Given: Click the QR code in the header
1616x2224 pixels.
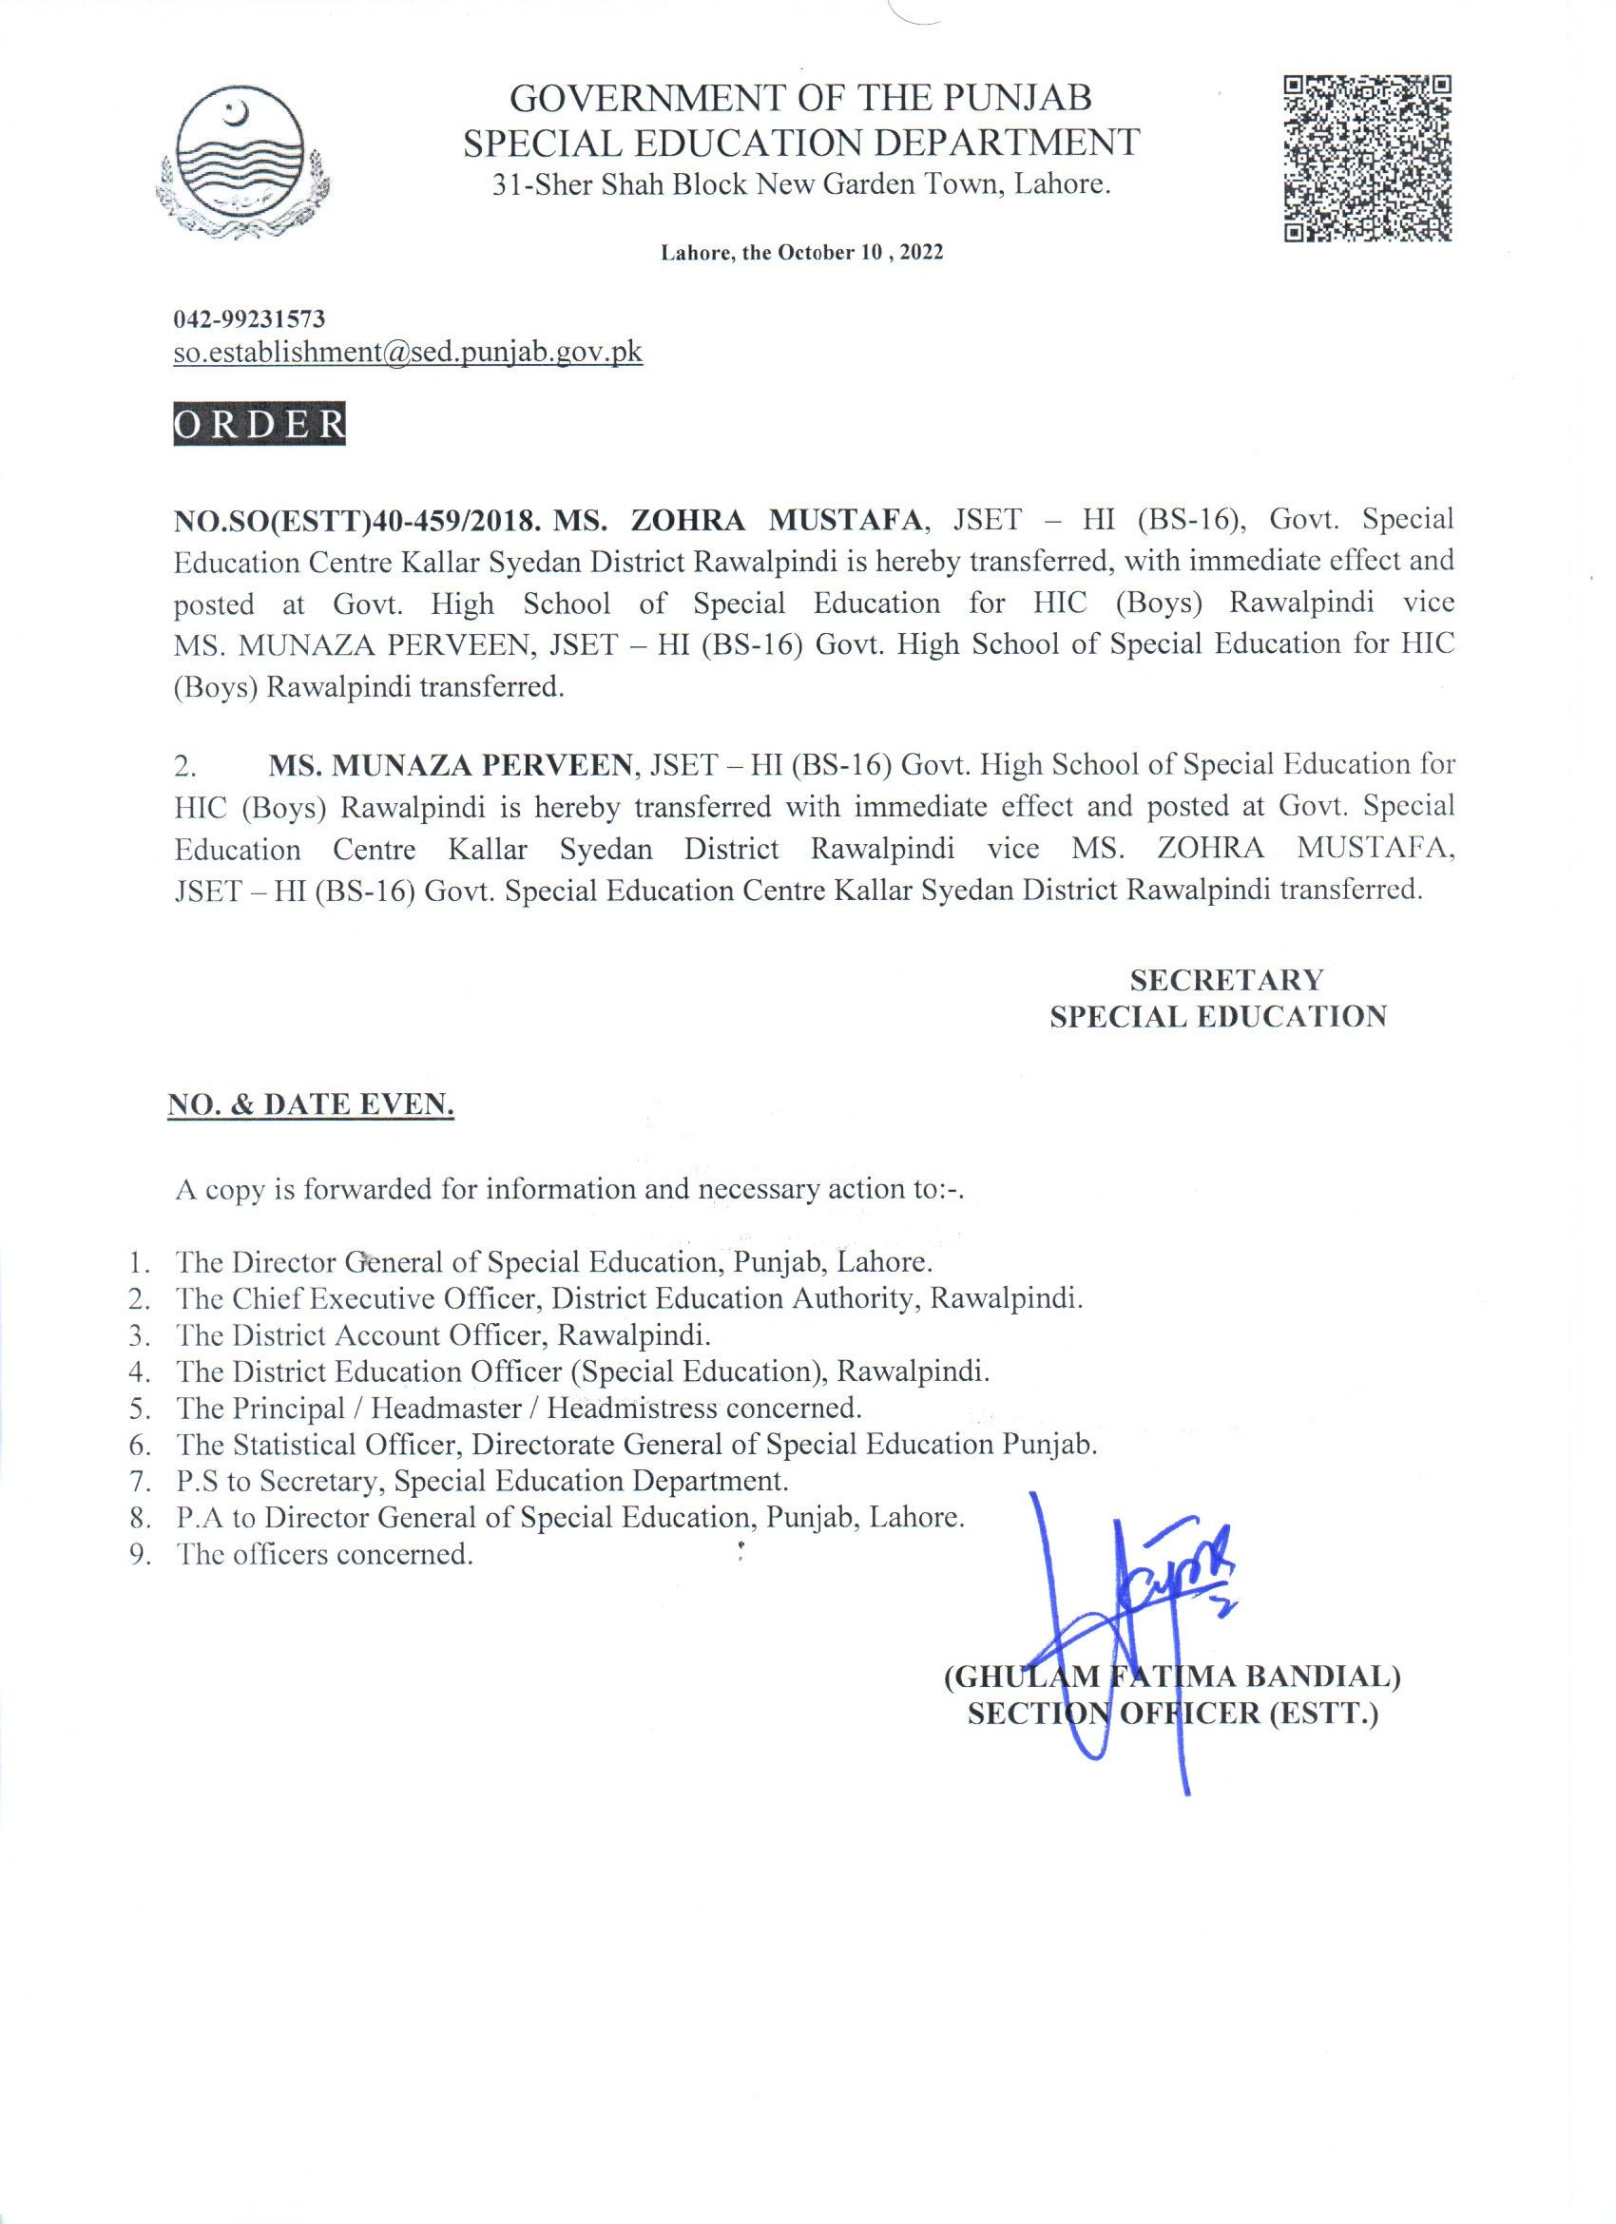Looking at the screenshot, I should click(x=1367, y=160).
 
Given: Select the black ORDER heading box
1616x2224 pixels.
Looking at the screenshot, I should click(x=259, y=425).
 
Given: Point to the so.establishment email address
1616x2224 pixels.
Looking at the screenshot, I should click(x=408, y=353).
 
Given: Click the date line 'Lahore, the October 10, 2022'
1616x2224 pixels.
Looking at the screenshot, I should click(x=801, y=253).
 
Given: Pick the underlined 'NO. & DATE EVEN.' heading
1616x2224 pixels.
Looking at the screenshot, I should click(x=311, y=1105).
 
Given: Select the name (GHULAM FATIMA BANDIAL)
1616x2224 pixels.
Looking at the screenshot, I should click(x=1171, y=1677).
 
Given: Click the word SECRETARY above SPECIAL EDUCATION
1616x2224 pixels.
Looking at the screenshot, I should click(x=1225, y=980).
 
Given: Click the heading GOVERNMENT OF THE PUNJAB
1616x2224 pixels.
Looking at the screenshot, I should click(x=802, y=98).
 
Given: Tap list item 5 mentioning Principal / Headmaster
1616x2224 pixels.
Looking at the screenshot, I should click(x=519, y=1409).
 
